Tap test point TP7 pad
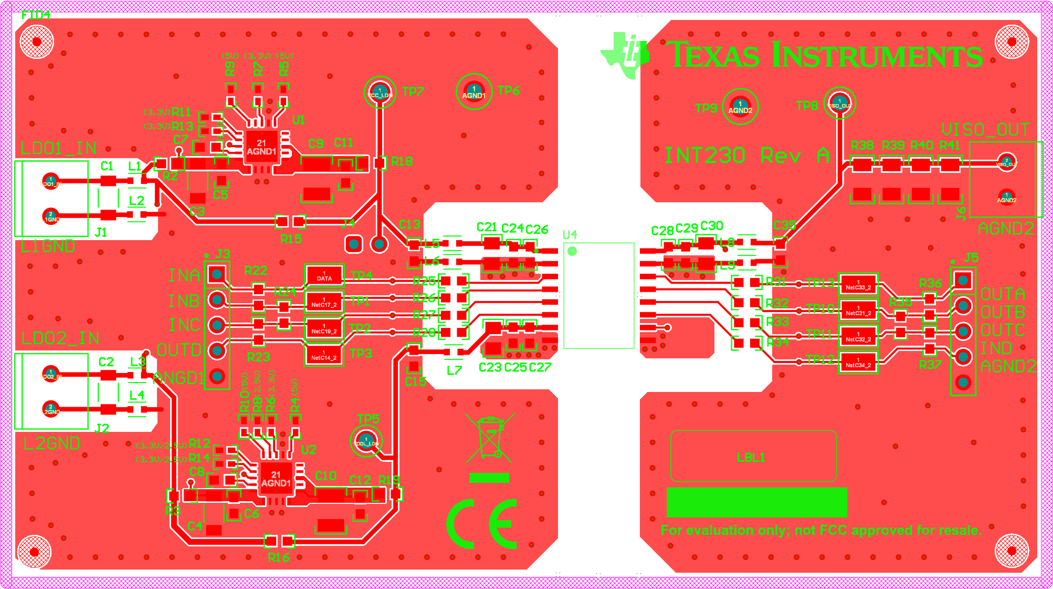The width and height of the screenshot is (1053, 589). click(x=380, y=92)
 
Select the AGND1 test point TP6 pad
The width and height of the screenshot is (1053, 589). click(x=474, y=92)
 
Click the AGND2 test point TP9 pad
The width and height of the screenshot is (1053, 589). click(x=740, y=107)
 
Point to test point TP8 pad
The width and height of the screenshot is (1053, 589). click(x=839, y=103)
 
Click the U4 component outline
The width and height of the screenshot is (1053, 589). click(x=599, y=295)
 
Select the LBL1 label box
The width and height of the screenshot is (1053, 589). click(x=753, y=456)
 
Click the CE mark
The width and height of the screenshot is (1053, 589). click(x=482, y=524)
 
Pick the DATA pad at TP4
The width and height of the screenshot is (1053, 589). click(x=324, y=276)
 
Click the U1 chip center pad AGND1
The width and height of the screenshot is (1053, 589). click(x=261, y=147)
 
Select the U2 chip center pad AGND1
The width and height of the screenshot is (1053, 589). click(x=276, y=479)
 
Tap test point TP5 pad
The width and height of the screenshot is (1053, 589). click(x=366, y=441)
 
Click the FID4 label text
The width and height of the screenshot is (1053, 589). click(x=36, y=15)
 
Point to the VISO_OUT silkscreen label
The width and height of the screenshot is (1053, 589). click(x=985, y=129)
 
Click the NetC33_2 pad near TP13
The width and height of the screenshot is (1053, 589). click(x=858, y=285)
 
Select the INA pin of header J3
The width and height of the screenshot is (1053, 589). click(x=217, y=274)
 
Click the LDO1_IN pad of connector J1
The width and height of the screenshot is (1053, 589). click(x=50, y=181)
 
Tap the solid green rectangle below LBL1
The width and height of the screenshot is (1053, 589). click(x=756, y=502)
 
